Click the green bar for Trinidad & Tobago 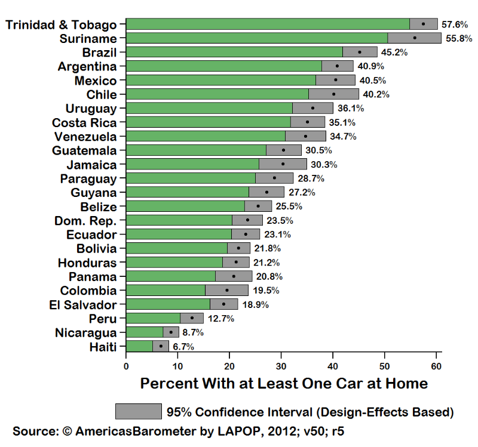point(268,24)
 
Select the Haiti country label point(103,347)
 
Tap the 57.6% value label point(454,24)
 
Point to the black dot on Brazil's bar point(360,52)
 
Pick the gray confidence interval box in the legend point(139,411)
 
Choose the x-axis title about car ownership point(284,383)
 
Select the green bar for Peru point(153,318)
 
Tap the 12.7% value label point(221,319)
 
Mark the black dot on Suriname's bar point(415,38)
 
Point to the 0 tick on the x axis point(127,365)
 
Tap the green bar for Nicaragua point(145,332)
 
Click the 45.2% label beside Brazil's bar point(394,53)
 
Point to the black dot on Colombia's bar point(226,290)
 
